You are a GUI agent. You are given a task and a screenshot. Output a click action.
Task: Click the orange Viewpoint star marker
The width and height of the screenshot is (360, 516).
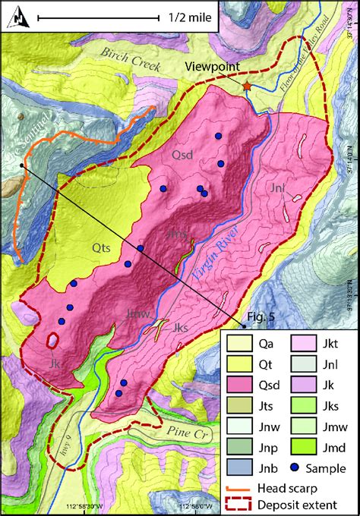[x=246, y=88]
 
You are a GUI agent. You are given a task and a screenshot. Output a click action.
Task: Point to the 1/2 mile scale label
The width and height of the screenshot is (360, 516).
[x=188, y=15]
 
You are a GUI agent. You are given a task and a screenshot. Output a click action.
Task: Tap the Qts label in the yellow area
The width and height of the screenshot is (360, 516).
[x=103, y=246]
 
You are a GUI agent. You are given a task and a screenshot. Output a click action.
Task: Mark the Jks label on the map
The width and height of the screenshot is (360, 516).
[x=181, y=328]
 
